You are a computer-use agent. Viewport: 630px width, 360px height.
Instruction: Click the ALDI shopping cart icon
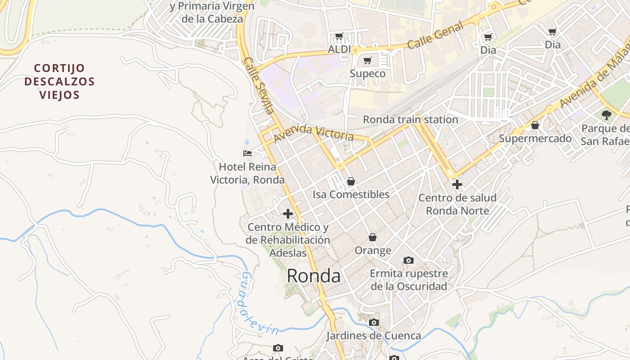(339, 36)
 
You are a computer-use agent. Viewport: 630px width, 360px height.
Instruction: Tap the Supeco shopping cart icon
(368, 60)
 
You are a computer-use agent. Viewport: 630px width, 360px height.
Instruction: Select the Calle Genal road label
(435, 36)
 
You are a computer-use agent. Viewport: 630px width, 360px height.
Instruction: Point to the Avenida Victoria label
(313, 133)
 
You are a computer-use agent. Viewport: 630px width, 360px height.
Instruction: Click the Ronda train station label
(410, 120)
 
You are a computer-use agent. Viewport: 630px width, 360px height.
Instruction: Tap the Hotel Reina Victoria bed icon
(247, 153)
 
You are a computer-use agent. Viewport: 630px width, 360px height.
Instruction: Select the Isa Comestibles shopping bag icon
(351, 181)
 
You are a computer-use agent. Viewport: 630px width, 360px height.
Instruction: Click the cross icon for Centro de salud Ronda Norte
(457, 184)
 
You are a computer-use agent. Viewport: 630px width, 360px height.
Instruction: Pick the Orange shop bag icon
(373, 237)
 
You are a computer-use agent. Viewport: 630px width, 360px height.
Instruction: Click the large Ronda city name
(314, 275)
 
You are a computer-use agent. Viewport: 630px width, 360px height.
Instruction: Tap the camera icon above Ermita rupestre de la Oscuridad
(409, 260)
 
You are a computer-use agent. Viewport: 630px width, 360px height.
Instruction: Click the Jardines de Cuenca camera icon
(374, 322)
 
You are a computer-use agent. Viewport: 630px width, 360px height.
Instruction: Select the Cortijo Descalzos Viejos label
(59, 81)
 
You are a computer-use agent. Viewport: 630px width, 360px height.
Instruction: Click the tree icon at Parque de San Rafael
(607, 115)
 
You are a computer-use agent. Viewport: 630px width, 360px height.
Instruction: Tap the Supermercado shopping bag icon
(535, 125)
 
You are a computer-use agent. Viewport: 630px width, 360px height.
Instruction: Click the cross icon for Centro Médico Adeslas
(288, 214)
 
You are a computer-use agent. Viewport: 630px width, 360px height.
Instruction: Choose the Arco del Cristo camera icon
(278, 348)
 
